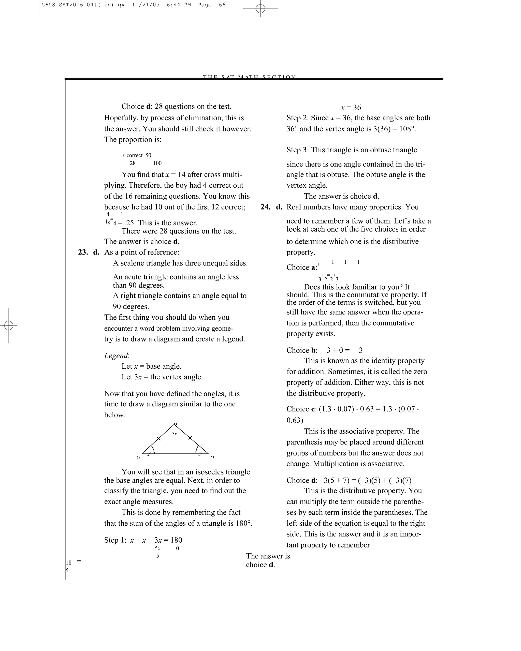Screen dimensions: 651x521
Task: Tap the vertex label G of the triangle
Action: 138,457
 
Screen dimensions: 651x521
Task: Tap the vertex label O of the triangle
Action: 212,457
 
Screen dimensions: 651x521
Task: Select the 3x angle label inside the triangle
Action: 174,434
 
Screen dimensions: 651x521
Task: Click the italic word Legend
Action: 116,356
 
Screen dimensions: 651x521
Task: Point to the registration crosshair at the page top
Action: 260,9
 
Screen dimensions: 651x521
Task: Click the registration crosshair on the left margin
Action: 9,325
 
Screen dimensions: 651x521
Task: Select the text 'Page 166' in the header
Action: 211,5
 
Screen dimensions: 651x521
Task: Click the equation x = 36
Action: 351,108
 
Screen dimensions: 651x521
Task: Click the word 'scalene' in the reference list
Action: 133,263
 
